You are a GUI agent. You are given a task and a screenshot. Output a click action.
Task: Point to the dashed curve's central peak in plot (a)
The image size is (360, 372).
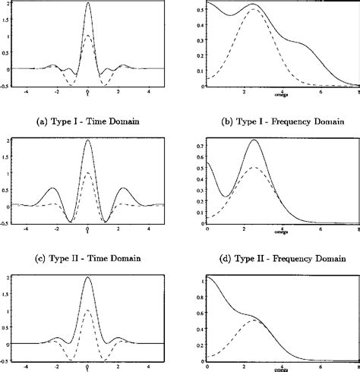pos(88,36)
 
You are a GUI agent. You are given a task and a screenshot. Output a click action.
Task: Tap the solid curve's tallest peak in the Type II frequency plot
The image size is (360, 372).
pos(254,140)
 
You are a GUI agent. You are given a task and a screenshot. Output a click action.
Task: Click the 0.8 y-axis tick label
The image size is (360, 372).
pos(199,292)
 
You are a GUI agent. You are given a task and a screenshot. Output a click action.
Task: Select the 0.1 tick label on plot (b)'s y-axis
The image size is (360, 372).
pos(199,71)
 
